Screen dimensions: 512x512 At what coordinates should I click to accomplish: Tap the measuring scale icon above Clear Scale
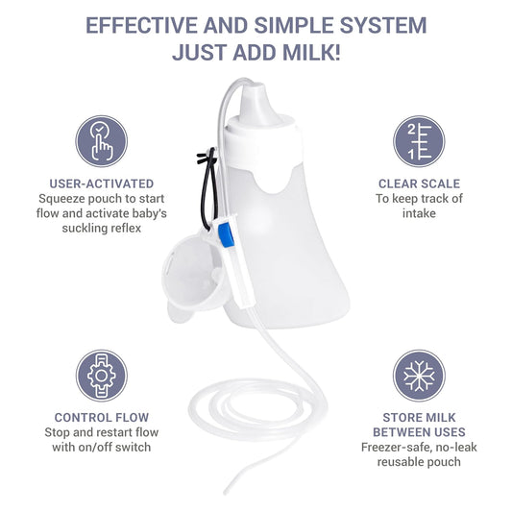click(x=418, y=141)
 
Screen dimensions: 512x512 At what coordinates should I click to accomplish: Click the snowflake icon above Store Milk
click(x=418, y=375)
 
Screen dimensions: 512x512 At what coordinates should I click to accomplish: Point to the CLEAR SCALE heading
click(x=418, y=183)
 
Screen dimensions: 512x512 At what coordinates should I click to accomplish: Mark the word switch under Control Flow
click(x=139, y=448)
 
